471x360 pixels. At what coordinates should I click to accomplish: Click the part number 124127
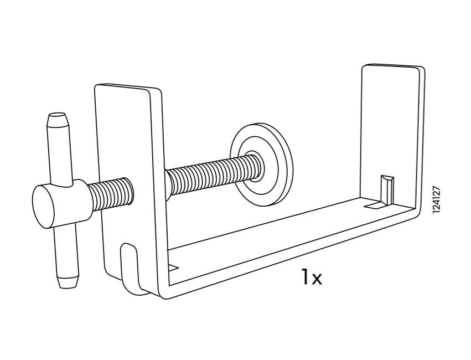(x=437, y=199)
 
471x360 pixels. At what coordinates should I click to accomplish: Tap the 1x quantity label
(x=312, y=277)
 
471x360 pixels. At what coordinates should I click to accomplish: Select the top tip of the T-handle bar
(x=57, y=115)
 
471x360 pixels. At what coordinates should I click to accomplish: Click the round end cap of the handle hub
(x=44, y=207)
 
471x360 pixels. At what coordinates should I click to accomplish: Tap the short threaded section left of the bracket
(x=110, y=194)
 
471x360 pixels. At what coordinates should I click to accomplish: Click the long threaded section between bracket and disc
(x=213, y=175)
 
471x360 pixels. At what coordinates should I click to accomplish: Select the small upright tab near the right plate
(x=387, y=190)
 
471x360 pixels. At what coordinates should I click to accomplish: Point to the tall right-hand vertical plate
(x=392, y=135)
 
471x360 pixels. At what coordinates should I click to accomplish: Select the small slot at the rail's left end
(x=173, y=268)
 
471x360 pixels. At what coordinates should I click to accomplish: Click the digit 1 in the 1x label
(x=305, y=277)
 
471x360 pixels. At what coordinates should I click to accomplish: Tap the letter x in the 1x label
(x=317, y=279)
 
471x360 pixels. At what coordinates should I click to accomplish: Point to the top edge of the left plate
(x=128, y=86)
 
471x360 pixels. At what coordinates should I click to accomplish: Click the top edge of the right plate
(x=394, y=66)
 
